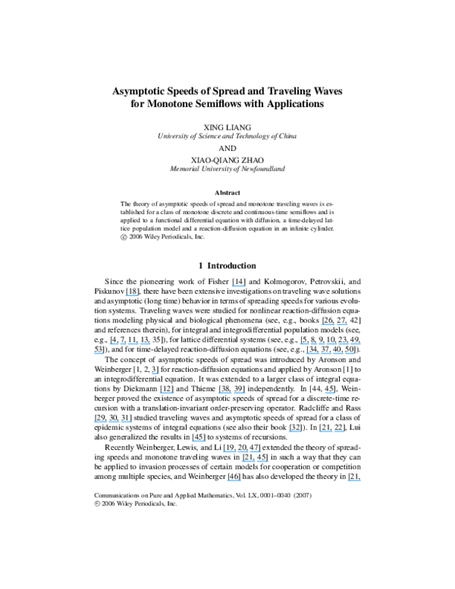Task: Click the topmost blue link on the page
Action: (x=238, y=286)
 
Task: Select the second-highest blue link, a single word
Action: (x=131, y=294)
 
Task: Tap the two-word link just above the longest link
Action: (x=334, y=324)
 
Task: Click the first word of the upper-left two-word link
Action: (x=117, y=343)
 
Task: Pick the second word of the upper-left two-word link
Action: (x=140, y=343)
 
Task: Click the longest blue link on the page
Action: (x=330, y=343)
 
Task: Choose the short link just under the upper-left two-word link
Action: (x=98, y=353)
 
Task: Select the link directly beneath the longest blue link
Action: (x=330, y=353)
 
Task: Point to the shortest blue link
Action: (x=155, y=373)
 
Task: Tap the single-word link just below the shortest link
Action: (x=167, y=392)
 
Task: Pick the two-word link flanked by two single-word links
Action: (x=231, y=392)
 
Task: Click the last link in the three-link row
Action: (x=330, y=392)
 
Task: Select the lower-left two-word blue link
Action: (x=112, y=421)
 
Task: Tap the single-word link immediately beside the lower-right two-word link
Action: (x=295, y=431)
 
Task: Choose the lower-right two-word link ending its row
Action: (x=331, y=431)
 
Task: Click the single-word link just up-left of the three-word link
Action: (x=199, y=441)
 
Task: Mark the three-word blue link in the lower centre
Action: (x=242, y=451)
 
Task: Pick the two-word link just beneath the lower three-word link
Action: (x=255, y=461)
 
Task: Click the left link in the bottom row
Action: (x=233, y=480)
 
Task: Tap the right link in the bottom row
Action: (x=353, y=480)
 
